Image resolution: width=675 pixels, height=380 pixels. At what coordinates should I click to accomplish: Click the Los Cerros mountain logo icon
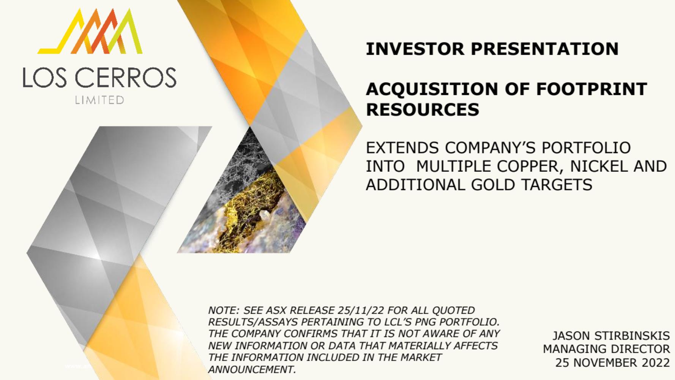click(90, 31)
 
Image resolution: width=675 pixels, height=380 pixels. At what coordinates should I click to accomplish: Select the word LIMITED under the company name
click(99, 100)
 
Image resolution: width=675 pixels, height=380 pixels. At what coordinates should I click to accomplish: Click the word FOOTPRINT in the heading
click(591, 89)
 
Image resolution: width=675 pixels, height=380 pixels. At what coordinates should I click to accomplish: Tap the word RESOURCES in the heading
click(423, 109)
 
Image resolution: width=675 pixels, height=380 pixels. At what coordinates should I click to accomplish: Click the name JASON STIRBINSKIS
click(611, 336)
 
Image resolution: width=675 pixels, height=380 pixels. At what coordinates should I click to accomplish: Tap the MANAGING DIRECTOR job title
click(606, 349)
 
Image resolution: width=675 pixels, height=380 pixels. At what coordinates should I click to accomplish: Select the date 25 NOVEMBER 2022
click(612, 363)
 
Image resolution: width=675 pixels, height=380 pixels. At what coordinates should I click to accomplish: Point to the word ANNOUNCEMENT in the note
click(252, 369)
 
